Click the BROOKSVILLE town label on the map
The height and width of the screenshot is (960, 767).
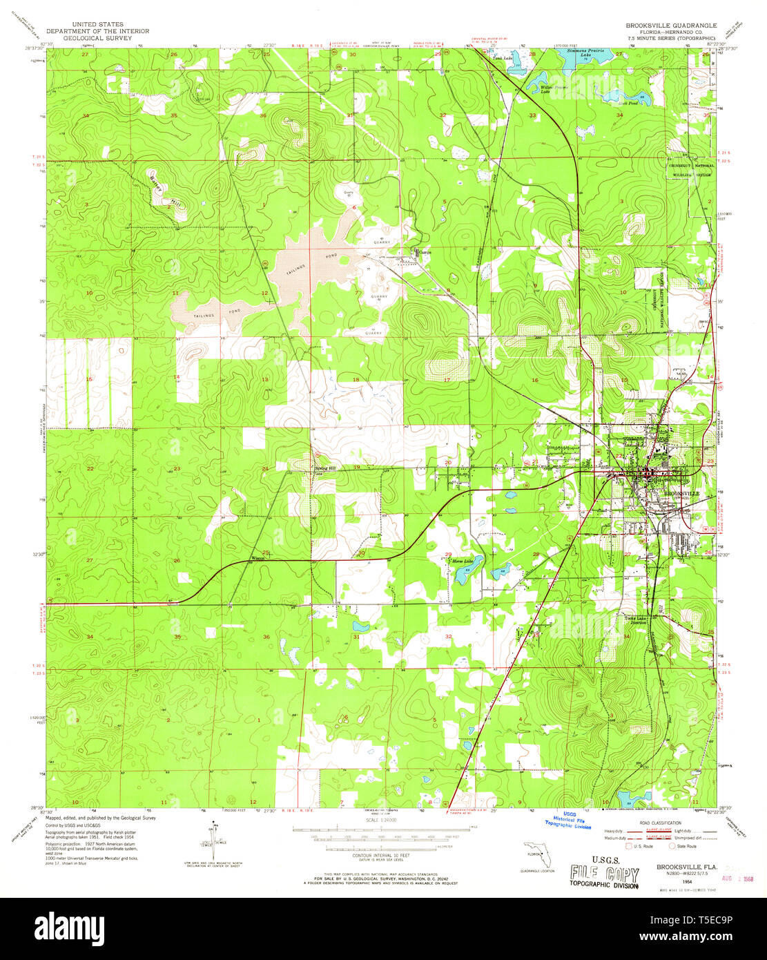click(681, 494)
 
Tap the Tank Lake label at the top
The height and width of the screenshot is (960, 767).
click(502, 59)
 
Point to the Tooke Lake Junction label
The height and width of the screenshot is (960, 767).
click(635, 620)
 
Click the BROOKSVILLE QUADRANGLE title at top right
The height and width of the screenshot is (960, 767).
click(671, 25)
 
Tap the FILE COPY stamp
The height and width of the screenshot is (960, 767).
click(605, 874)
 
